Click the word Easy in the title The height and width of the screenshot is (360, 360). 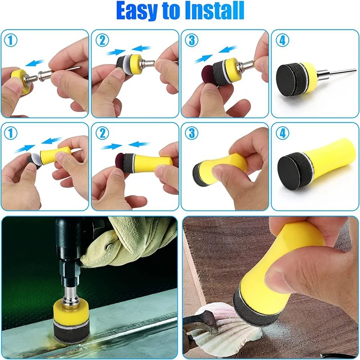pos(138,10)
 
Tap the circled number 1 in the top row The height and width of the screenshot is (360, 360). pos(10,40)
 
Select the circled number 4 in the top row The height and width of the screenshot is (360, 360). pos(283,40)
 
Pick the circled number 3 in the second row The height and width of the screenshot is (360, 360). pos(192,133)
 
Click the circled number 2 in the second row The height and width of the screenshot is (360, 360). pos(102,133)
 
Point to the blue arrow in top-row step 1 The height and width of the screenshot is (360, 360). pos(35,63)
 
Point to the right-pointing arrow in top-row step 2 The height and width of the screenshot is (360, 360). pos(116,53)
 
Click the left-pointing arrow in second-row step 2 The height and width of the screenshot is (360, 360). pos(138,144)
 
